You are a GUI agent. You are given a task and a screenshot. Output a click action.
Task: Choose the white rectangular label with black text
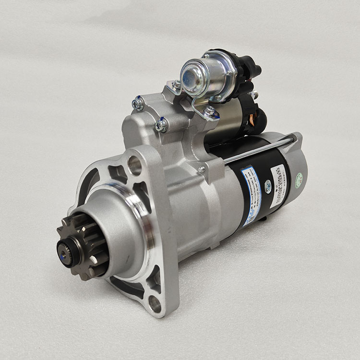pyautogui.click(x=278, y=185)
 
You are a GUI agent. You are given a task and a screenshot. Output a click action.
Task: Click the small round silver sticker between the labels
pyautogui.click(x=268, y=189)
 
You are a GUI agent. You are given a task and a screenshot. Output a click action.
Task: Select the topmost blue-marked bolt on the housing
pyautogui.click(x=138, y=103)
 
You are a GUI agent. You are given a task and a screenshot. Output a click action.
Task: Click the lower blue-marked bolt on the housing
pyautogui.click(x=161, y=125)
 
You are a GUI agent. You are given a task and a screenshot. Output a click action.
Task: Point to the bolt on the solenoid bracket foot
pyautogui.click(x=210, y=112)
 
